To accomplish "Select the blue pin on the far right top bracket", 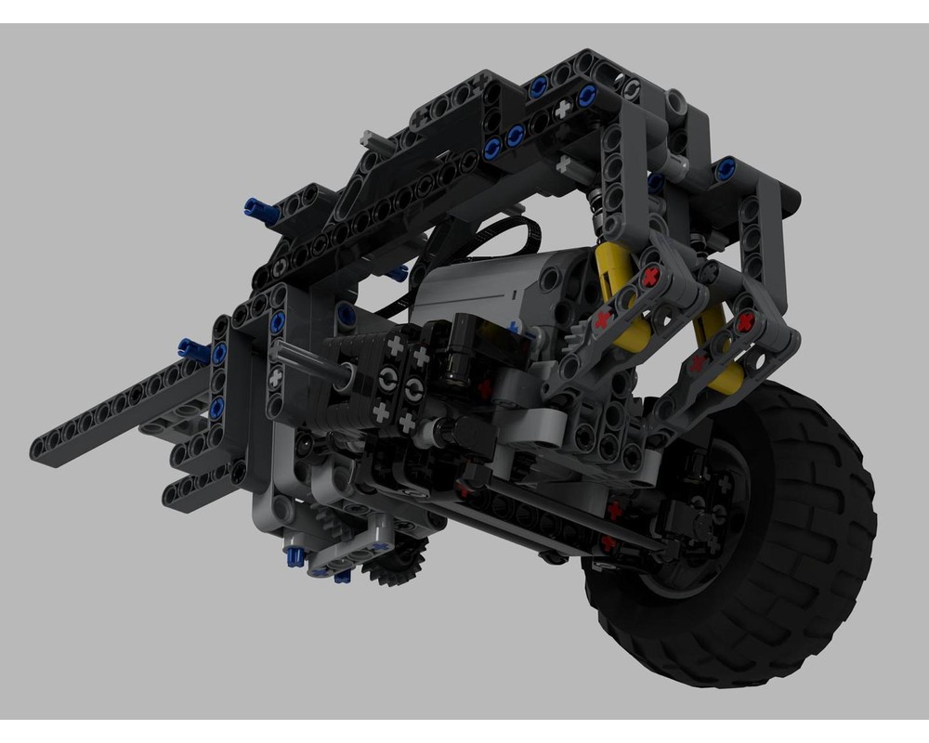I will pos(726,167).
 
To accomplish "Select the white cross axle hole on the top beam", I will pos(562,110).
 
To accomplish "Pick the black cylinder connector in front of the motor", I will pos(457,353).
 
